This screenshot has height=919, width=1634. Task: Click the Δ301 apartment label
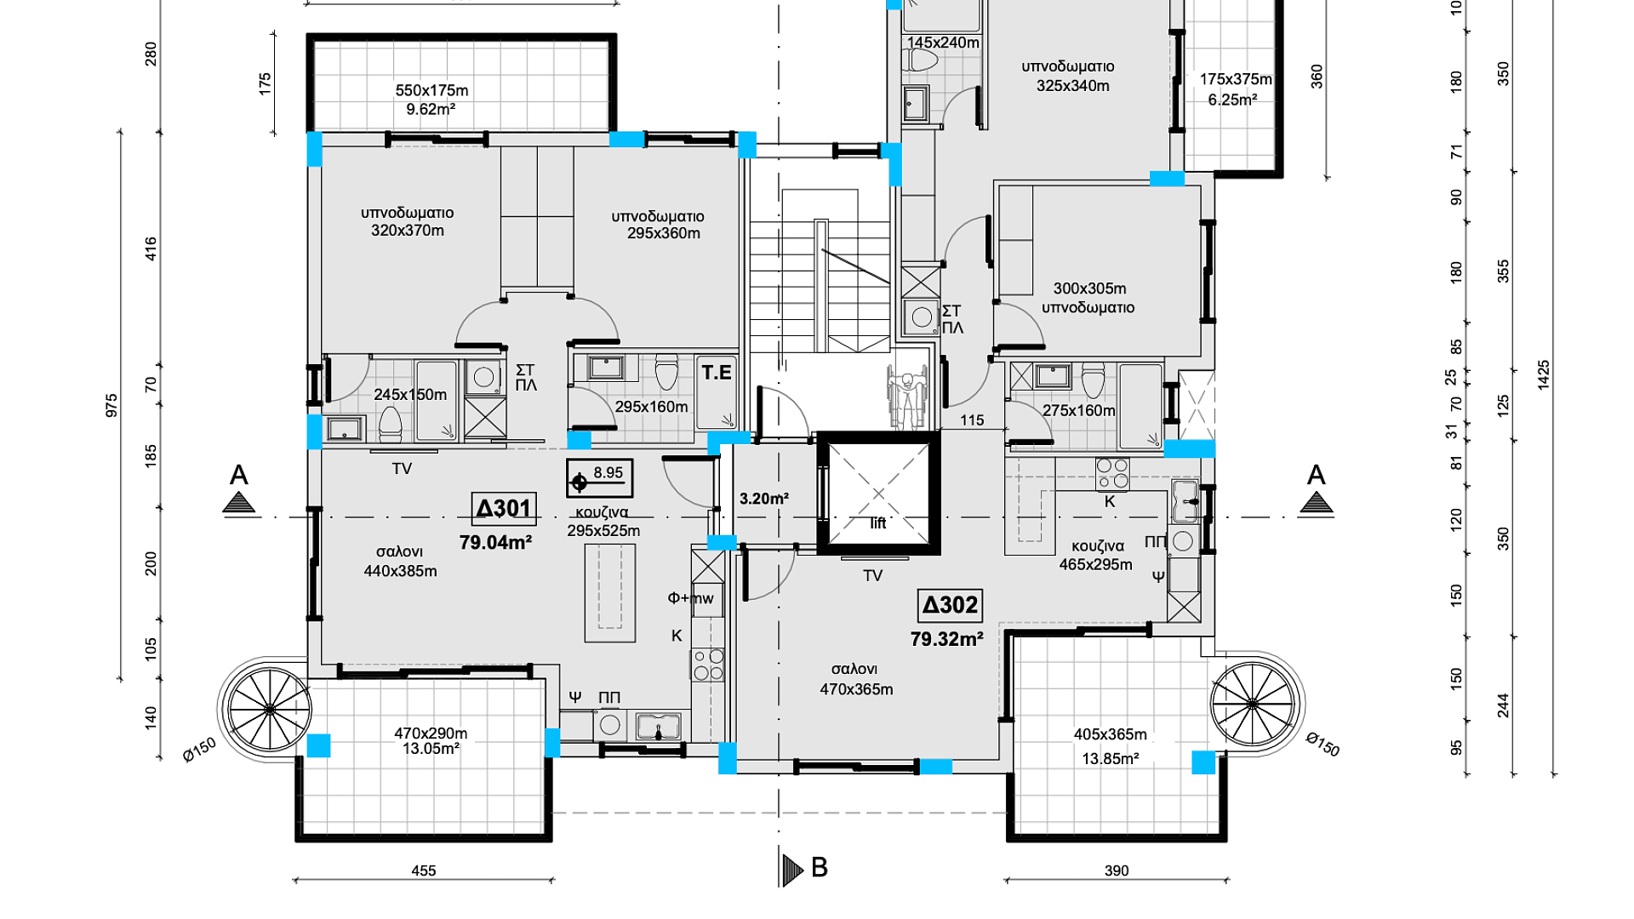pyautogui.click(x=504, y=509)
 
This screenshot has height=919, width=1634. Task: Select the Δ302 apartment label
pyautogui.click(x=951, y=605)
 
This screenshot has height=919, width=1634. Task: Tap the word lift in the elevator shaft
pyautogui.click(x=878, y=523)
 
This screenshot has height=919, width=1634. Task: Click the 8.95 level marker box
pyautogui.click(x=600, y=478)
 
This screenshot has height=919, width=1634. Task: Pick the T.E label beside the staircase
pyautogui.click(x=717, y=372)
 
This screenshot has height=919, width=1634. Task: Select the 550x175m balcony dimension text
pyautogui.click(x=431, y=90)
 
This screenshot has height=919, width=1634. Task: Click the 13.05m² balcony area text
pyautogui.click(x=431, y=749)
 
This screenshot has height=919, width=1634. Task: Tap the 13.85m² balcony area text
pyautogui.click(x=1111, y=758)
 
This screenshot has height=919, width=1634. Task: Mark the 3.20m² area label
pyautogui.click(x=763, y=499)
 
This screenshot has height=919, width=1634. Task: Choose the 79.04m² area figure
pyautogui.click(x=495, y=542)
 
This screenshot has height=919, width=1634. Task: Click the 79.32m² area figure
pyautogui.click(x=947, y=639)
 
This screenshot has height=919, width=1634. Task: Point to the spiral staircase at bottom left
pyautogui.click(x=269, y=709)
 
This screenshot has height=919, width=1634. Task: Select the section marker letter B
pyautogui.click(x=820, y=867)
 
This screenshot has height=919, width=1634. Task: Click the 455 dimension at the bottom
pyautogui.click(x=424, y=870)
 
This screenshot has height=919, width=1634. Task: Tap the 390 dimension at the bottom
pyautogui.click(x=1117, y=870)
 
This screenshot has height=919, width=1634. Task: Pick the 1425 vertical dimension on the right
pyautogui.click(x=1544, y=375)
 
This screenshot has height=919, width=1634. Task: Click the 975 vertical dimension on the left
pyautogui.click(x=111, y=405)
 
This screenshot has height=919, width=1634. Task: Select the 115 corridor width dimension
pyautogui.click(x=972, y=420)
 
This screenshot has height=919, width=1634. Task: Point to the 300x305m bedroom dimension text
pyautogui.click(x=1089, y=288)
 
